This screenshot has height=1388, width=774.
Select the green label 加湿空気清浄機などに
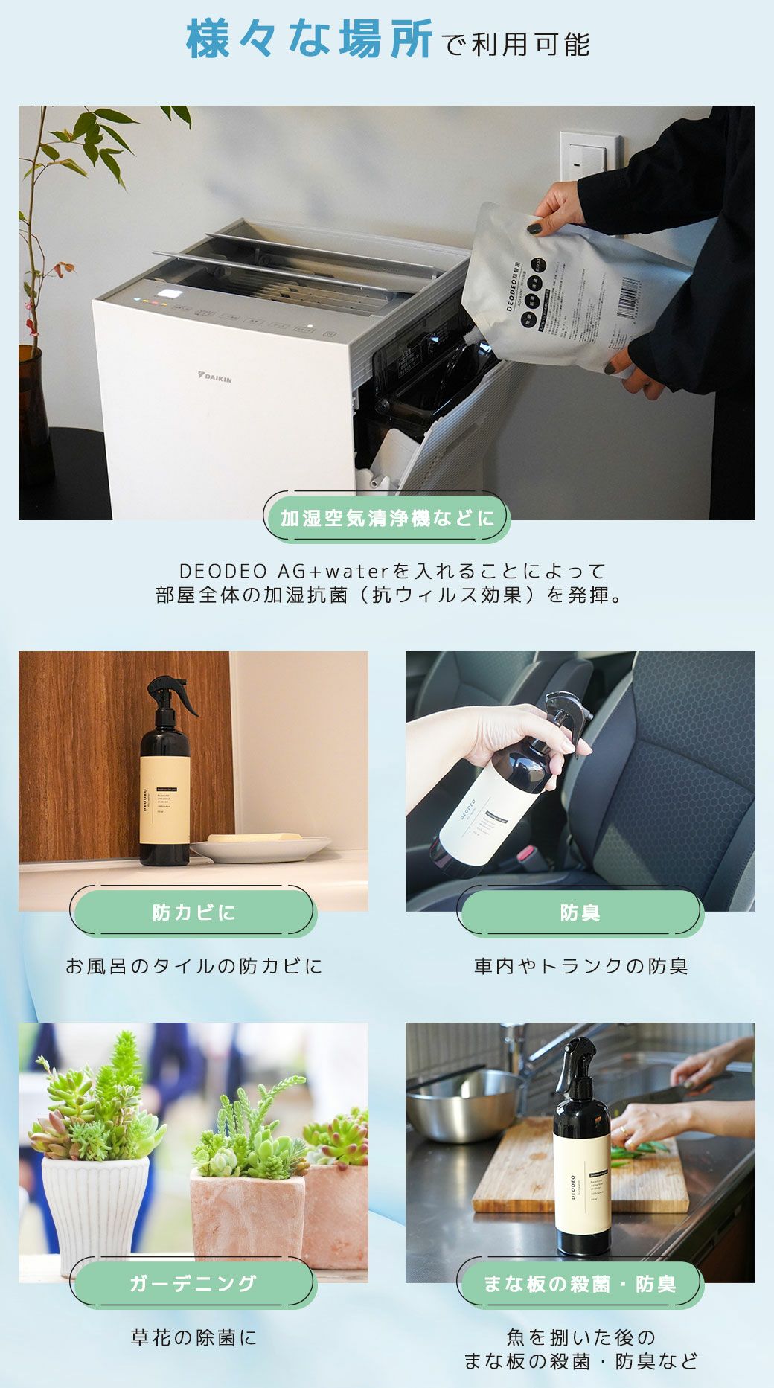pos(387,518)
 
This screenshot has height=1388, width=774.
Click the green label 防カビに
pos(193,912)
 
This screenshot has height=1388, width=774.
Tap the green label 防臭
pos(580,912)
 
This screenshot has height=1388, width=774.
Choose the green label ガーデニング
pos(193,1282)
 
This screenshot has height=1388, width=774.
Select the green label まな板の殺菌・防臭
pos(580,1283)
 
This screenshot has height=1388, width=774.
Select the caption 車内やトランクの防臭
pos(580,966)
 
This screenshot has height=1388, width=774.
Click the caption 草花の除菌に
pos(193,1337)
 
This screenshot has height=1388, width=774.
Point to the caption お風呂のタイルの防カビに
pos(193,966)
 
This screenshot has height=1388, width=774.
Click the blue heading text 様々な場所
pos(309,39)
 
